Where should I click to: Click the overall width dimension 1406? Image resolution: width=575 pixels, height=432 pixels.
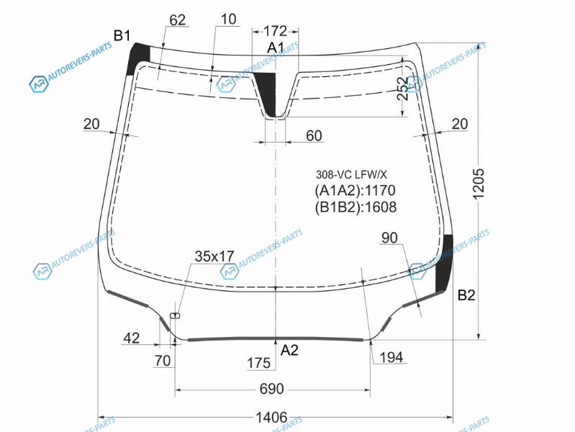tap(271, 418)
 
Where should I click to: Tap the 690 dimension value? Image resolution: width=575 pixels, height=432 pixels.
tap(272, 389)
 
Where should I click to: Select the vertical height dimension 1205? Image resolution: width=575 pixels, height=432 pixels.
tap(479, 184)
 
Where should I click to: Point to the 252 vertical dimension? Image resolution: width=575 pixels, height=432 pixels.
tap(403, 89)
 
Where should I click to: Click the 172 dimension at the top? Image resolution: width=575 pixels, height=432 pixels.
tap(276, 31)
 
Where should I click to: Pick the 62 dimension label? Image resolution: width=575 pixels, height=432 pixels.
tap(178, 20)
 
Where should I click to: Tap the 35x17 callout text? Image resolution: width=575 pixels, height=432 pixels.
tap(214, 256)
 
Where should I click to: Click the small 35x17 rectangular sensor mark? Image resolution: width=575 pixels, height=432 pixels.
tap(175, 315)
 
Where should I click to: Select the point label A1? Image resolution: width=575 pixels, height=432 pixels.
tap(276, 48)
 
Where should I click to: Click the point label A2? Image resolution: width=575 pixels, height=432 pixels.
tap(289, 351)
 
